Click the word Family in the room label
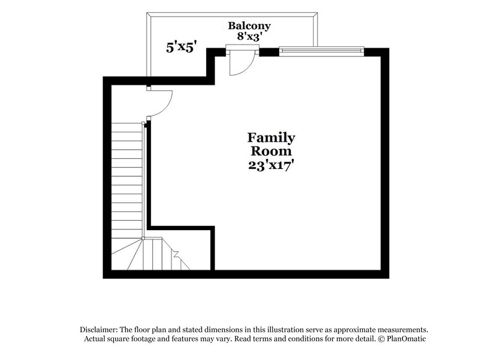pyautogui.click(x=271, y=137)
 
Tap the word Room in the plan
pyautogui.click(x=271, y=152)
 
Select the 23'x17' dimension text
pyautogui.click(x=271, y=166)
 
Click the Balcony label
pyautogui.click(x=249, y=26)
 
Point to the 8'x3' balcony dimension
pyautogui.click(x=249, y=36)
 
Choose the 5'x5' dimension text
pyautogui.click(x=181, y=46)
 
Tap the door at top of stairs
pyautogui.click(x=158, y=103)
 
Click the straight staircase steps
pyautogui.click(x=127, y=179)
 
